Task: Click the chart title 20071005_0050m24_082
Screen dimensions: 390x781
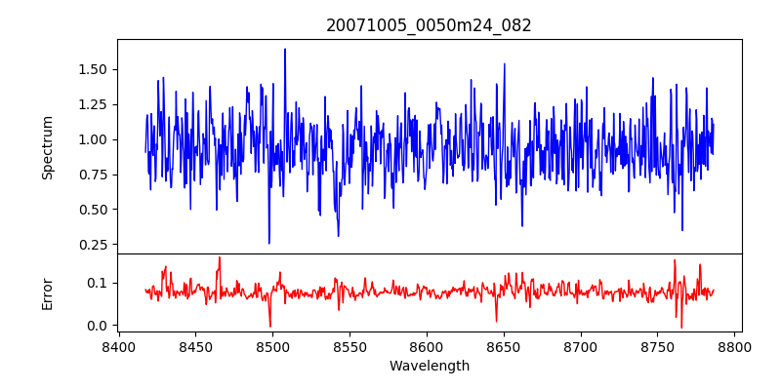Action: (429, 25)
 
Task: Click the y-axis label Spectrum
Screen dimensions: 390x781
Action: (48, 147)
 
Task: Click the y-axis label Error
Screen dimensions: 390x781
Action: (48, 293)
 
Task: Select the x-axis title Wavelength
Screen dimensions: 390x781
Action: (429, 367)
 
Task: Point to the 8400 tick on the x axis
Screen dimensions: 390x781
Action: (119, 346)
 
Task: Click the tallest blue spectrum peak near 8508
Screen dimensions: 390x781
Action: (285, 49)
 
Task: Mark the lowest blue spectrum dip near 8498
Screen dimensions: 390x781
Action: (269, 243)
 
